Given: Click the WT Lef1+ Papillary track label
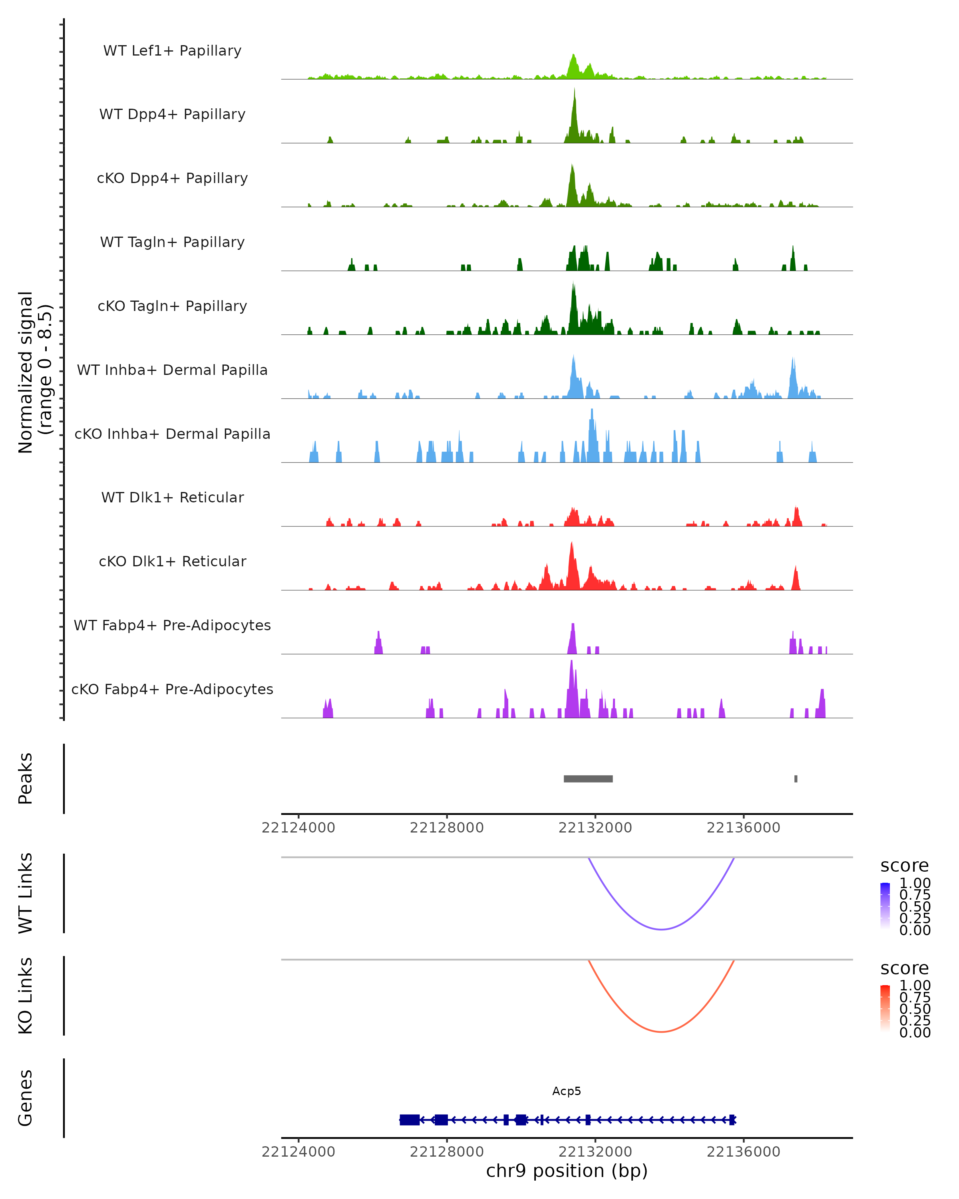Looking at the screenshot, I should click(x=172, y=51).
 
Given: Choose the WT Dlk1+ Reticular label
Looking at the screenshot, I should click(x=172, y=497).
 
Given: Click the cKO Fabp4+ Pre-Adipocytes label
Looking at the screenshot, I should click(x=172, y=689).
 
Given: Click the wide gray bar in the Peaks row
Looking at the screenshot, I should click(x=588, y=779).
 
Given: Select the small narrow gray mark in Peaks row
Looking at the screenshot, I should click(x=796, y=779).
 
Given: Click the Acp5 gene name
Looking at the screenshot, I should click(x=567, y=1091).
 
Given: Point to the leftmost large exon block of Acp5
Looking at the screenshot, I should click(x=410, y=1119).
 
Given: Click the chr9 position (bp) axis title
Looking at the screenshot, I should click(x=567, y=1171).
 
